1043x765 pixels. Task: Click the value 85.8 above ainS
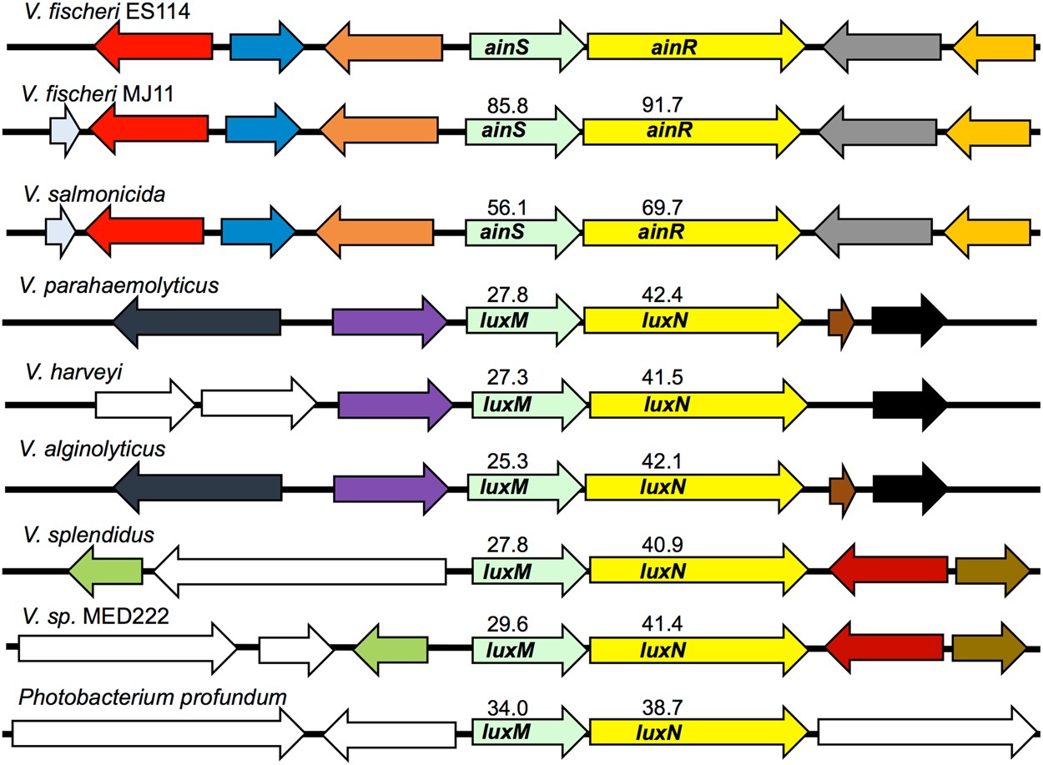pos(509,107)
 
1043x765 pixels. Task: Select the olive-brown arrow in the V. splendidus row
pos(992,571)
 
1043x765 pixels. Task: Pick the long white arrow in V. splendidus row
pos(300,571)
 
